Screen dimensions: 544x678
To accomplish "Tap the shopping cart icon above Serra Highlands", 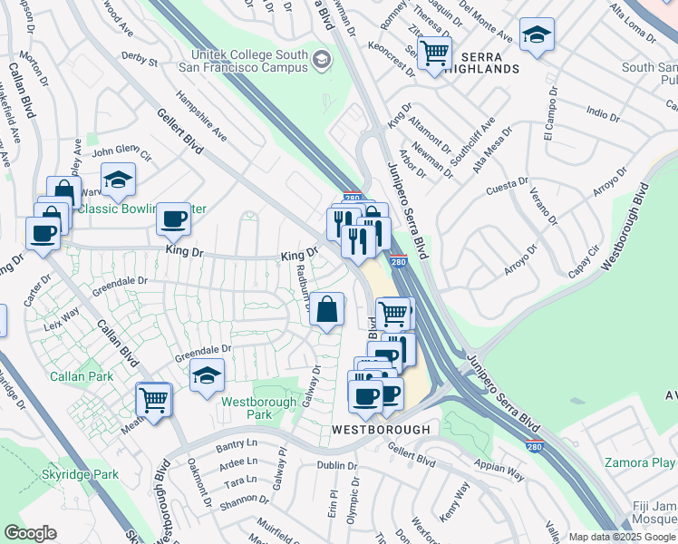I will click(435, 52).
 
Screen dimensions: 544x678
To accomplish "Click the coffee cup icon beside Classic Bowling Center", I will click(173, 219).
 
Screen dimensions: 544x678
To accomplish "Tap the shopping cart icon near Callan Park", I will click(153, 398).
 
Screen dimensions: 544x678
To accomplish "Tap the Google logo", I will click(30, 533).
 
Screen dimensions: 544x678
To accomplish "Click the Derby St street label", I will click(139, 63).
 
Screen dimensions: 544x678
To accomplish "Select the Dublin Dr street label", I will click(338, 465).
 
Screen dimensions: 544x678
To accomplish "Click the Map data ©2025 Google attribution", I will click(621, 537).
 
